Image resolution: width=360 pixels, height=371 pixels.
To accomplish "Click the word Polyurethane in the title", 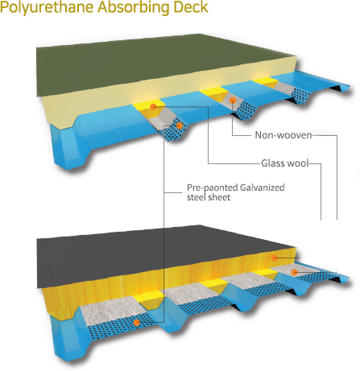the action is coord(47,7).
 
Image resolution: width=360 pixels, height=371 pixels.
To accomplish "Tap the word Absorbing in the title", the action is coord(134,6).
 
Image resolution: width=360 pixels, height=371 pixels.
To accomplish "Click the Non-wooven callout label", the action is coord(283,135).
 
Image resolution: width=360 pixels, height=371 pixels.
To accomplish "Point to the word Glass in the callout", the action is coord(272,163).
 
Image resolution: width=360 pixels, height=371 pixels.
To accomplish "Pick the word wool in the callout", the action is coord(297,163).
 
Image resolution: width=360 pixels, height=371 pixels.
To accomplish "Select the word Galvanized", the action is coord(262,188).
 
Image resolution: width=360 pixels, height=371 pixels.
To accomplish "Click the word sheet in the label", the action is coord(220,197).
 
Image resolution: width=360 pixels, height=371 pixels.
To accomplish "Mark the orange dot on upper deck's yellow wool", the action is coord(153,107).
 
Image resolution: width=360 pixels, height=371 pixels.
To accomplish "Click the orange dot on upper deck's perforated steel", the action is coord(180,126).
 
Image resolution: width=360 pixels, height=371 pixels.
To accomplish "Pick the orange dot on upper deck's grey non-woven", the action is coord(233,101).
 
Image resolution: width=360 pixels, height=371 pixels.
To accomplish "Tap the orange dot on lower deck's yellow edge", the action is coord(274,258).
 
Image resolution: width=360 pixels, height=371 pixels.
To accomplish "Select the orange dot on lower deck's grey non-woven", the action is coord(295,273).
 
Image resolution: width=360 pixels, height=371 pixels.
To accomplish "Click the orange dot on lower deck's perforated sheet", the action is coord(137,323).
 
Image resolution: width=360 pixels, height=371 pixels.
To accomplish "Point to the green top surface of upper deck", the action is coord(161,66).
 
